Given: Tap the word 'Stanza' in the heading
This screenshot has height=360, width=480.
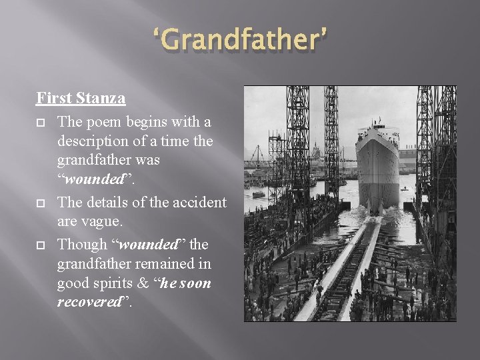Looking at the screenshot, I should point(101,98).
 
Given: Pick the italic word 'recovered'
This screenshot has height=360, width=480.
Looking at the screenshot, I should point(88,303).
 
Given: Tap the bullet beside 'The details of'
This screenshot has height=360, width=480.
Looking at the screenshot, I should point(40,203).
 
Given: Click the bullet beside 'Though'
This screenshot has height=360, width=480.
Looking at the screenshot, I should point(40,245).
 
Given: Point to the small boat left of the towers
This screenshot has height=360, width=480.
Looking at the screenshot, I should point(258,194).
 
